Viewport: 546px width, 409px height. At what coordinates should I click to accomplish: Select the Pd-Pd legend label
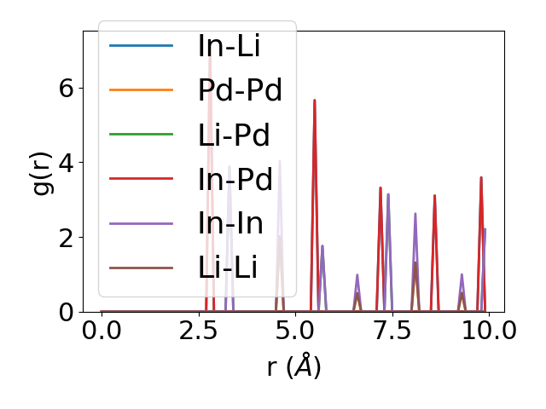pos(240,89)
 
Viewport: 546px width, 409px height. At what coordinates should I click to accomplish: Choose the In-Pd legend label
pos(235,179)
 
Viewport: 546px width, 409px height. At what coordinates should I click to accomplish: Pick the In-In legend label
pos(230,224)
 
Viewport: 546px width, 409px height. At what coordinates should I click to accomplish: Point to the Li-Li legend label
pos(228,268)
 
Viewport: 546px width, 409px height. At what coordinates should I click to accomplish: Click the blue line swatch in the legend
pos(142,44)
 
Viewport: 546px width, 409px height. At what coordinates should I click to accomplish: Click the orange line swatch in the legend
pos(142,89)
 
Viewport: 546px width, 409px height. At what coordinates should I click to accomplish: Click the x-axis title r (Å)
pos(293,367)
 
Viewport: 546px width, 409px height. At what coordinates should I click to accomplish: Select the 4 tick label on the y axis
pos(66,163)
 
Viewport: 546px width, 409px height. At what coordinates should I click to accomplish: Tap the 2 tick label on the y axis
pos(66,237)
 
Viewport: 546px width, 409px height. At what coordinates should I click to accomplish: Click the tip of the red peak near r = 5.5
pos(315,101)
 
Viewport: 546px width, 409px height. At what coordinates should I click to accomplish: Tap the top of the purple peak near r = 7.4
pos(388,194)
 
